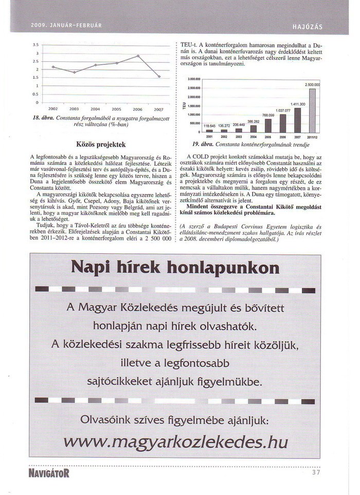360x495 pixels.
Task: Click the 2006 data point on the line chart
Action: (x=138, y=56)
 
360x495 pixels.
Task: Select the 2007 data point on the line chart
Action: (x=159, y=77)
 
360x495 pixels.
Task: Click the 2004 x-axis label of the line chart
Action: (x=95, y=110)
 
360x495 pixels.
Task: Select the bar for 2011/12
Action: (x=312, y=111)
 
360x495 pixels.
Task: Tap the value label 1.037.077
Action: (x=283, y=111)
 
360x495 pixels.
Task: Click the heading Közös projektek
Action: (x=101, y=145)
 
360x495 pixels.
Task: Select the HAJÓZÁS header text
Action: (x=307, y=25)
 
